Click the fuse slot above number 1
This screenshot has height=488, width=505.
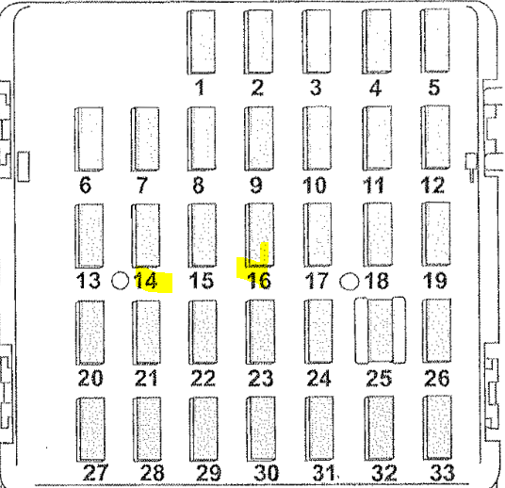tap(202, 41)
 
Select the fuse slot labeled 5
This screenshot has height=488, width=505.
tap(434, 41)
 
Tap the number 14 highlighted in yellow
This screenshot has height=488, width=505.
tap(147, 280)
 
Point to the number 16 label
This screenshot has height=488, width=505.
tap(260, 281)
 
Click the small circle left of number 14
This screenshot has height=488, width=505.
tap(120, 281)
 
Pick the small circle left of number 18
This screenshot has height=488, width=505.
tap(350, 281)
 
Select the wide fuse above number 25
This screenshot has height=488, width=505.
tap(380, 331)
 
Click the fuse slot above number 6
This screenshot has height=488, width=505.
tap(90, 139)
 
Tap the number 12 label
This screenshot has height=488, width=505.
tap(432, 186)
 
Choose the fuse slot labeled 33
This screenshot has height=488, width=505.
tap(437, 428)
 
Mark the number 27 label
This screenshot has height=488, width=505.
tap(95, 473)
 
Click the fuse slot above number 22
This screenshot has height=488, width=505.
tap(203, 333)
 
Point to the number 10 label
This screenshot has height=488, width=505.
tap(315, 186)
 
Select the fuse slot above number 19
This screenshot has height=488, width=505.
tap(436, 235)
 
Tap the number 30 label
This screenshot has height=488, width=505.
tap(267, 473)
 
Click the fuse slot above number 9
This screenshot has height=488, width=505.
tap(259, 138)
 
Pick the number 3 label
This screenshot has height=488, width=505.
tap(316, 88)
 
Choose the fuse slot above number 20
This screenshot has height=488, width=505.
tap(90, 333)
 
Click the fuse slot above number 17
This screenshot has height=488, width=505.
tap(318, 235)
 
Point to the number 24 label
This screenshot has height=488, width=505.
tap(319, 378)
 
